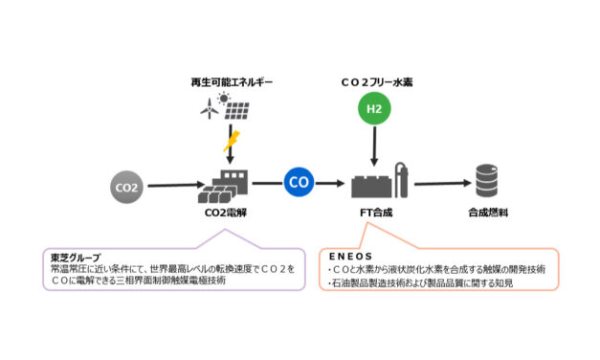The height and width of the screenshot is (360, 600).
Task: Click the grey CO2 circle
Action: (x=127, y=185)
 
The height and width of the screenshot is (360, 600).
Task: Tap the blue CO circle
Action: (x=299, y=182)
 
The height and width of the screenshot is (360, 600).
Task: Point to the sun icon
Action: (x=224, y=100)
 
